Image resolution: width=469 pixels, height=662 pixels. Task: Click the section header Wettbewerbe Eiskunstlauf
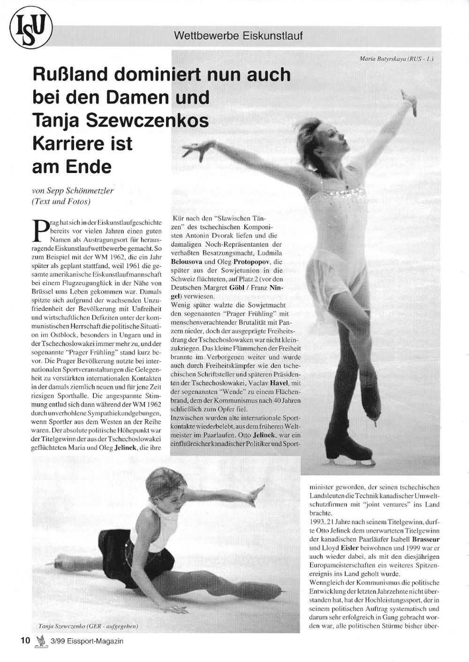point(238,36)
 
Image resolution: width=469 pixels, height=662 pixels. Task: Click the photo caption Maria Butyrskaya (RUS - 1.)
point(396,59)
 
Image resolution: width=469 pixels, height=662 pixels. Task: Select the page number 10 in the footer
point(25,641)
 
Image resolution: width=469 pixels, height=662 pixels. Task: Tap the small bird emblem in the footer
point(42,641)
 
